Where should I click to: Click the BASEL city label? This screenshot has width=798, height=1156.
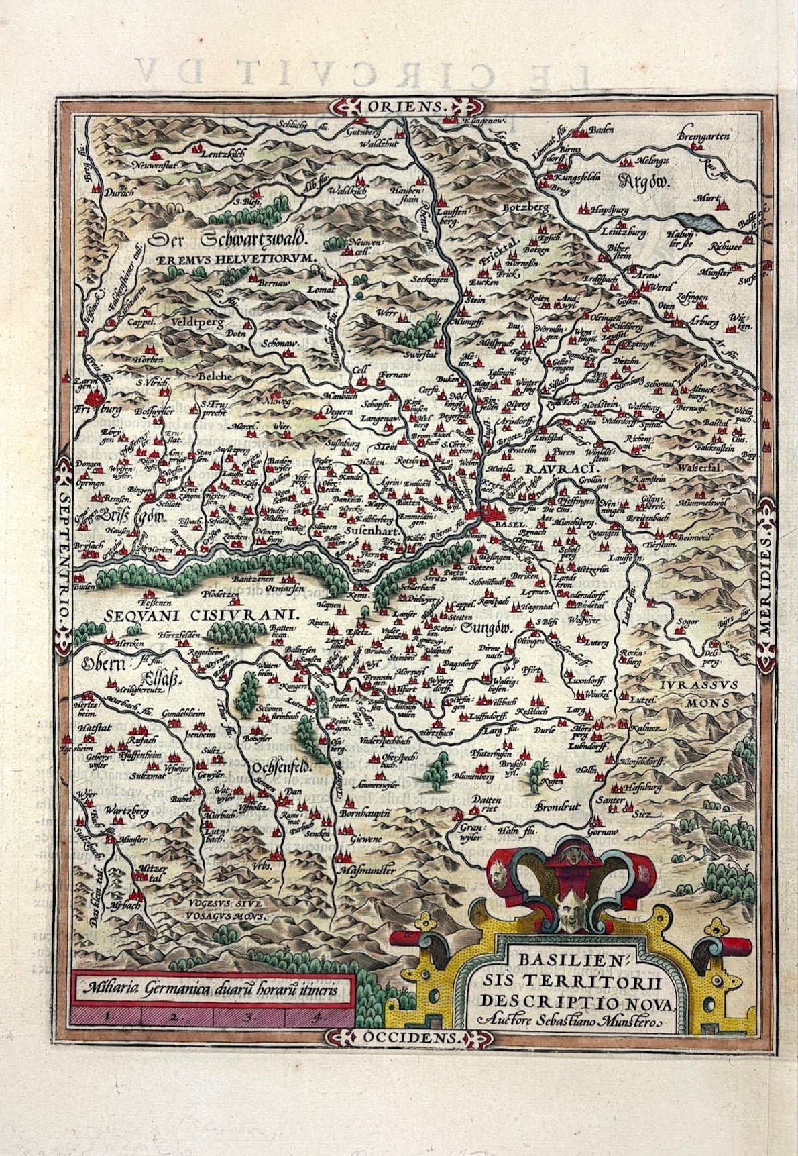click(x=509, y=525)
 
